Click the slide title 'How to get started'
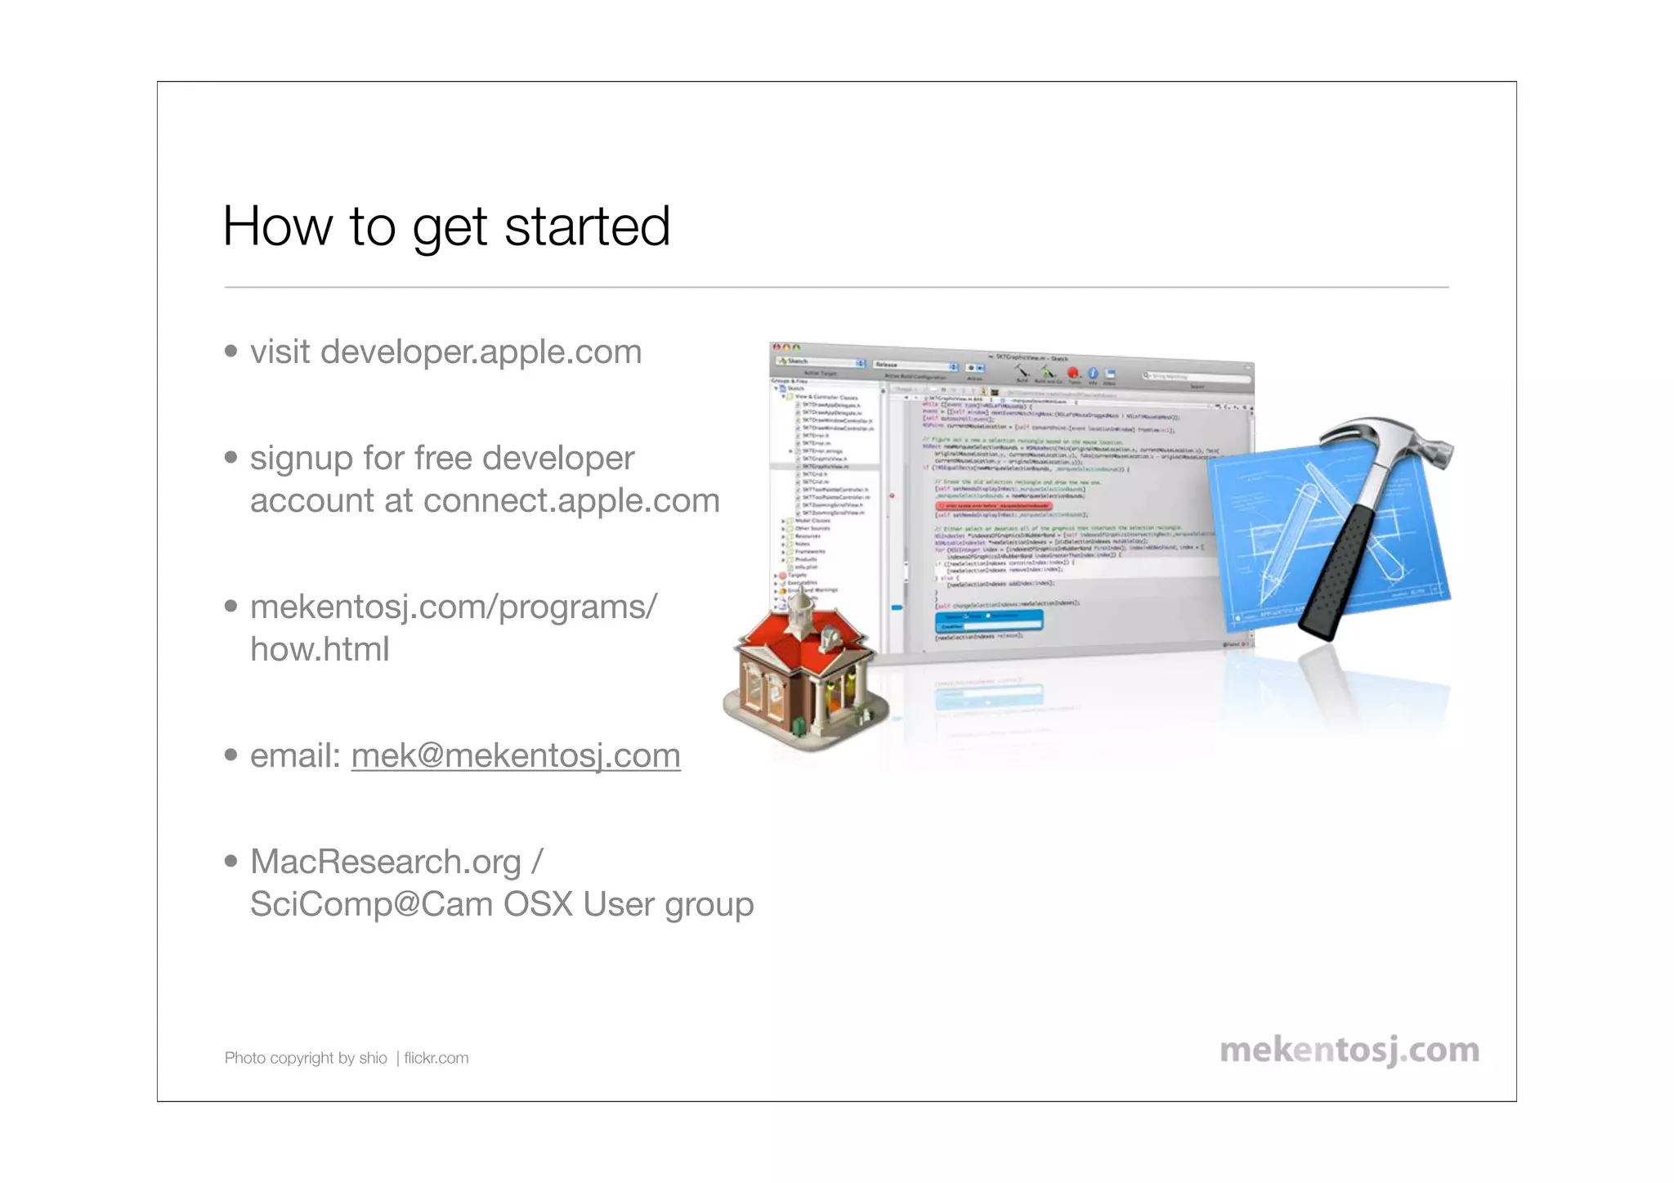446,226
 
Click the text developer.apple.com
481,352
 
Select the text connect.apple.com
571,501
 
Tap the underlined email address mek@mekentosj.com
516,756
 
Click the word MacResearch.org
385,862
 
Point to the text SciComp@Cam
371,904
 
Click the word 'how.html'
320,650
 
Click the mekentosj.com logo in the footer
1349,1051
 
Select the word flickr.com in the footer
436,1058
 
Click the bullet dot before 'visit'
231,352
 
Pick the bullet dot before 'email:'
231,755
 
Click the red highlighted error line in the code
993,506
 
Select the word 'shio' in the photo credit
373,1058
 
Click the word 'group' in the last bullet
709,905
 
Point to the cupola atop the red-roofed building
801,609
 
